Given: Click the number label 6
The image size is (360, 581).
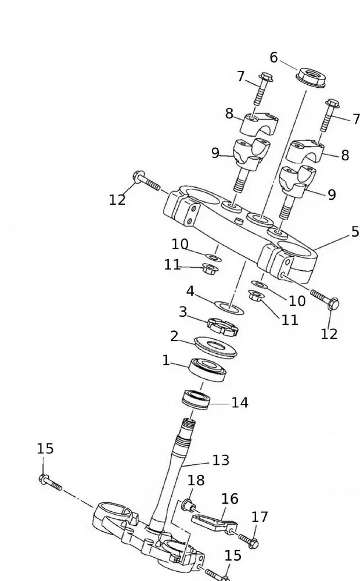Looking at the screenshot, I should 273,57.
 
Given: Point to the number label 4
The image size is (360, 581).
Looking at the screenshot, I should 190,290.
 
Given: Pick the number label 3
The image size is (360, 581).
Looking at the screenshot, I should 183,312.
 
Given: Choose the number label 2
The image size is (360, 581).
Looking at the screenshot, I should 174,336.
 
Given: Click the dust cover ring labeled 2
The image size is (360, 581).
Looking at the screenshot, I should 215,346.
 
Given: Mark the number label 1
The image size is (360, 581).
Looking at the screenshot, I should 166,360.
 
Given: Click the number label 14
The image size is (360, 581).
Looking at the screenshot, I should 240,403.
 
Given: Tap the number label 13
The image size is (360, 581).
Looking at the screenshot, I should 221,460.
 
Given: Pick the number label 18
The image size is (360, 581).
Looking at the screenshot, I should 196,480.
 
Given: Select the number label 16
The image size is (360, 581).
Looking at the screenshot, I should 230,498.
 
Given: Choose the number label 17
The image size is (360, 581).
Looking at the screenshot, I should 260,517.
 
